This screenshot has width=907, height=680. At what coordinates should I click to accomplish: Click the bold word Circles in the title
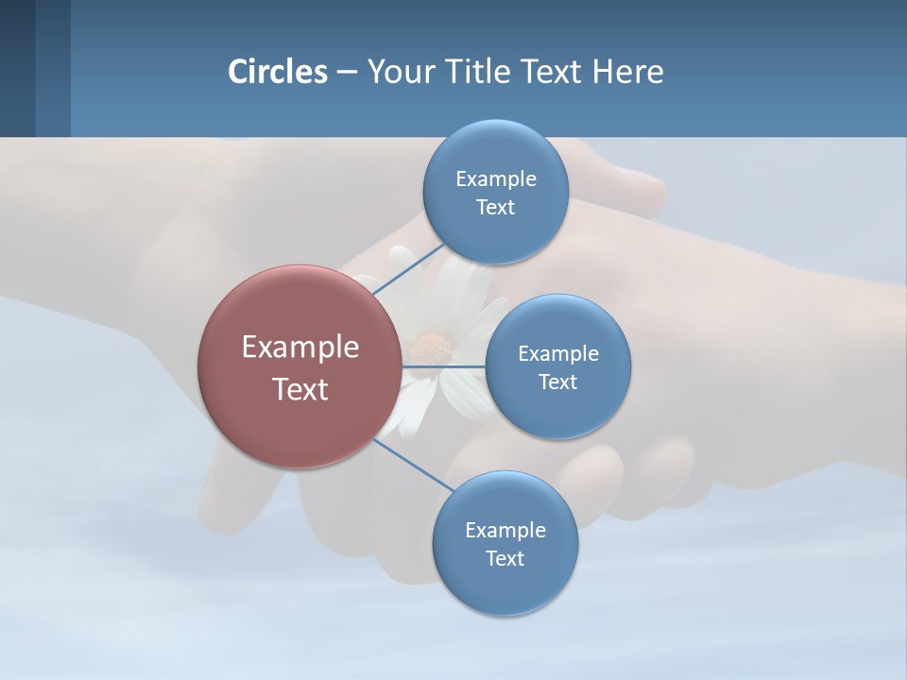tap(278, 72)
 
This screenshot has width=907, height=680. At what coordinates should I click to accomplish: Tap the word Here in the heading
tap(628, 72)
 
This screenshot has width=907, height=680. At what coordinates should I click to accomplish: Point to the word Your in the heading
tap(400, 72)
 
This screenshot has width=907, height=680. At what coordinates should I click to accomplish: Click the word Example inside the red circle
tap(300, 348)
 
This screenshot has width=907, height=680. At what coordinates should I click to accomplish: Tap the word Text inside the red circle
tap(300, 389)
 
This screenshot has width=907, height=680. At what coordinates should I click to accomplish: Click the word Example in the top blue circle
tap(495, 179)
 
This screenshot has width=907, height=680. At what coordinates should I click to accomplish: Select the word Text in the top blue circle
tap(495, 207)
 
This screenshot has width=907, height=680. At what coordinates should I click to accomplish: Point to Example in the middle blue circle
tap(557, 354)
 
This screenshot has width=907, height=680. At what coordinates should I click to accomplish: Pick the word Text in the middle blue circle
tap(557, 382)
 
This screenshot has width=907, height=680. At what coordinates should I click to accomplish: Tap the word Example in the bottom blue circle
tap(505, 531)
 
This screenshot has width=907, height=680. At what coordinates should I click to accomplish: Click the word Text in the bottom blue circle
tap(505, 558)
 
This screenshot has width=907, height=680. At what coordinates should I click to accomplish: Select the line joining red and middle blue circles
tap(443, 366)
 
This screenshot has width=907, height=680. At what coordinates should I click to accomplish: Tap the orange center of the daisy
tap(433, 348)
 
